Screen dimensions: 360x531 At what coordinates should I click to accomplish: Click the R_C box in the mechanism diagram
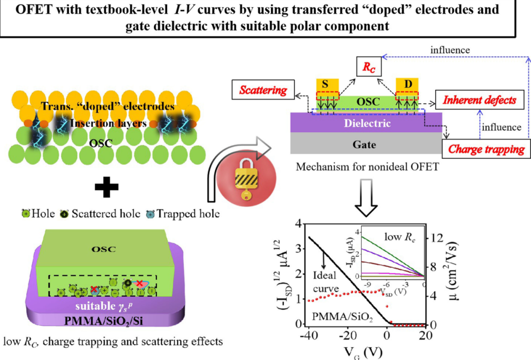click(x=369, y=69)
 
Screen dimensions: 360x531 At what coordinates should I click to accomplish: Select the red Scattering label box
click(x=263, y=90)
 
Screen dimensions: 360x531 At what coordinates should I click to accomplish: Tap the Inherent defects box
click(x=479, y=100)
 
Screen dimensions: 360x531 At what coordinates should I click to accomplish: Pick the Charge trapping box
click(x=486, y=149)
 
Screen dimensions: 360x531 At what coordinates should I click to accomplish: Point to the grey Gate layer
click(x=365, y=145)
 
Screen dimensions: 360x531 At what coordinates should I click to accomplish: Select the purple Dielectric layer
click(x=365, y=123)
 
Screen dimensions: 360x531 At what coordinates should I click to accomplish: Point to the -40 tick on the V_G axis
click(x=307, y=335)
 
